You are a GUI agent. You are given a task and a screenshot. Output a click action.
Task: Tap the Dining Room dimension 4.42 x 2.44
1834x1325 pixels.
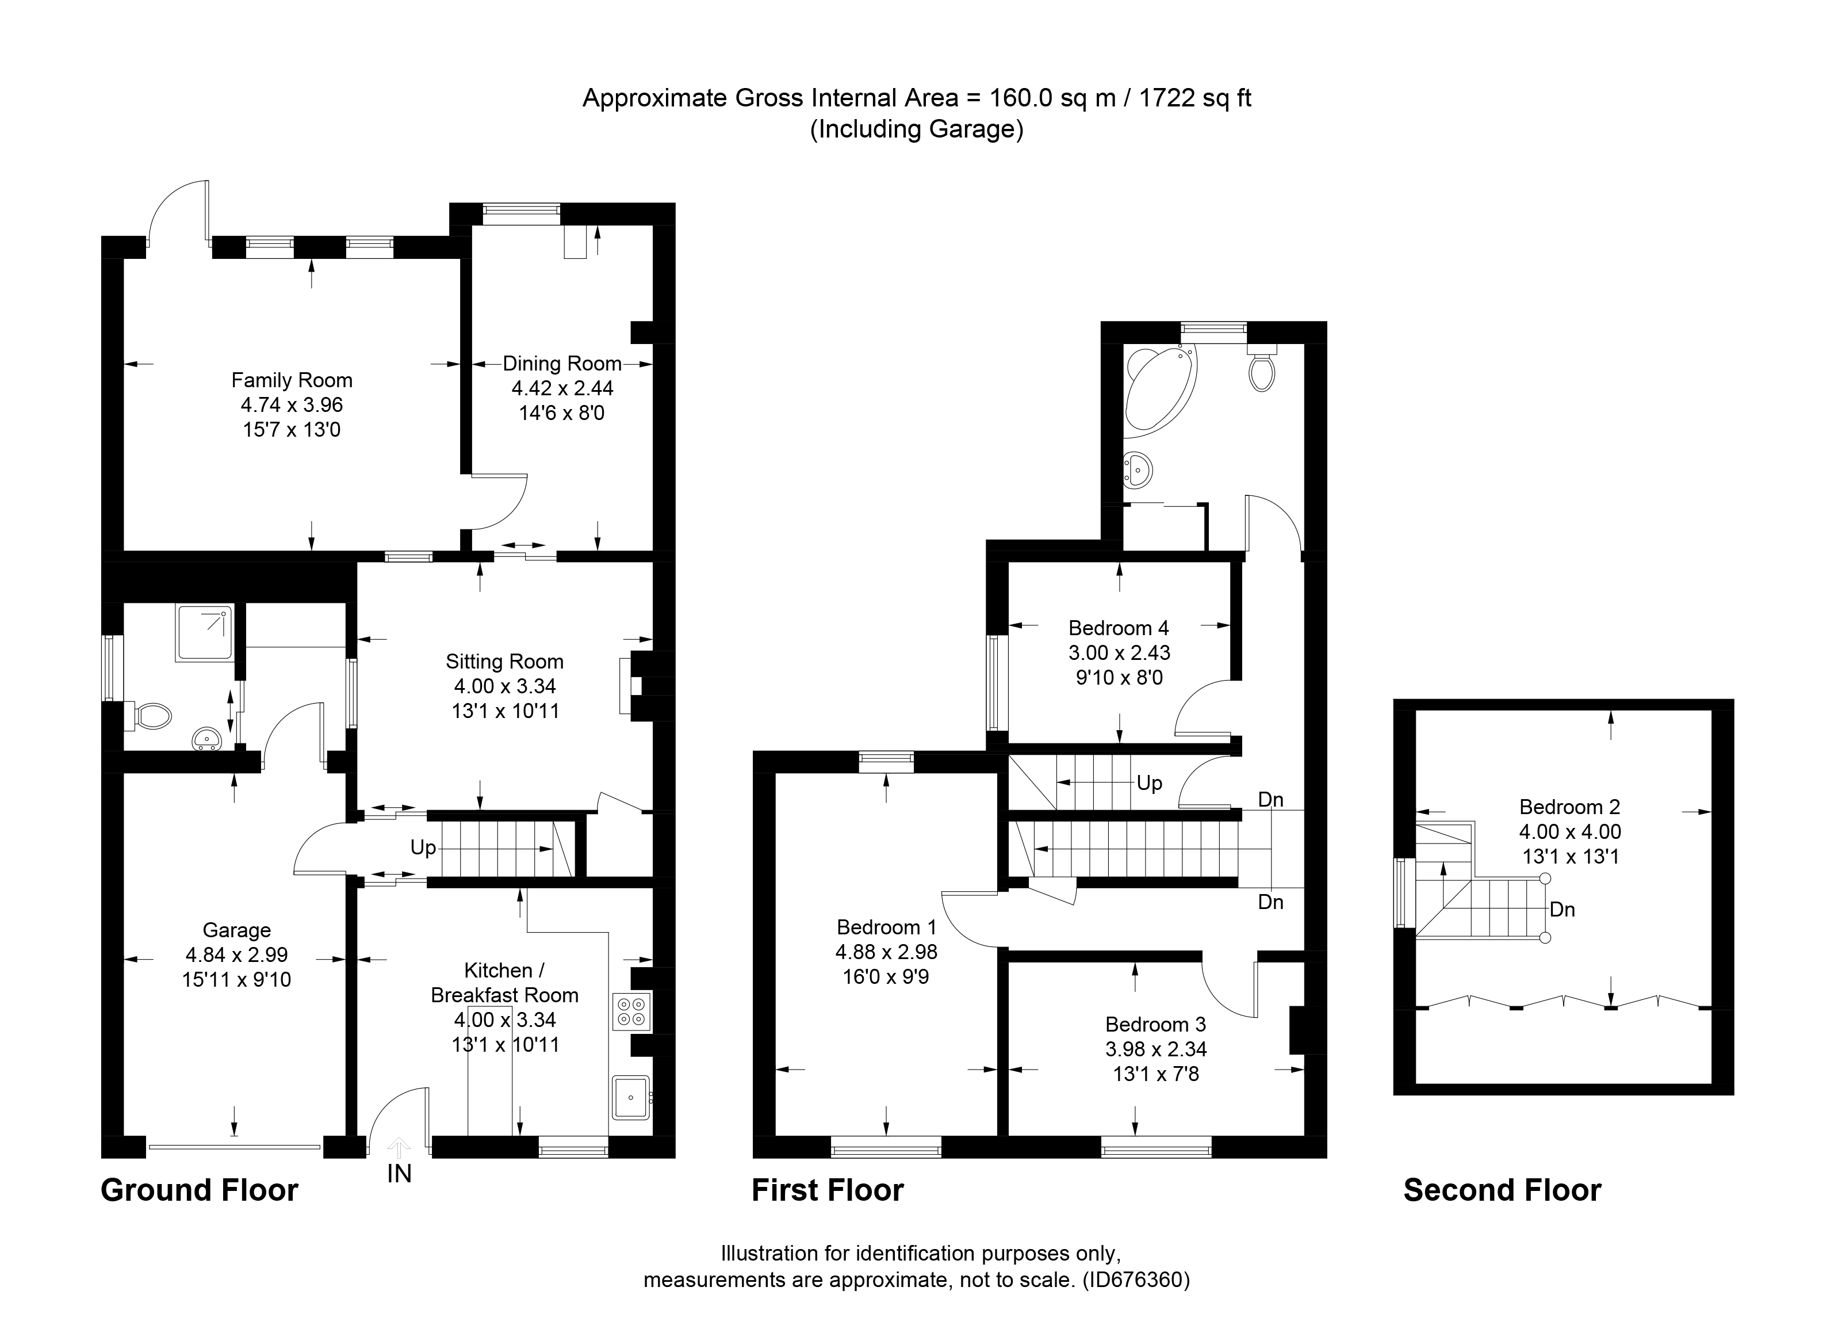562,388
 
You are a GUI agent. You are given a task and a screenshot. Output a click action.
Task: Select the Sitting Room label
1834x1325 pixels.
504,662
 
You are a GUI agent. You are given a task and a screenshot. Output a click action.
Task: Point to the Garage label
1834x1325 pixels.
236,930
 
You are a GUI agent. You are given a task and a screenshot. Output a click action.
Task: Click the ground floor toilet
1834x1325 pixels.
152,715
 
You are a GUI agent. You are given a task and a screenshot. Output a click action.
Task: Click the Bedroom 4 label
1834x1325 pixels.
1119,628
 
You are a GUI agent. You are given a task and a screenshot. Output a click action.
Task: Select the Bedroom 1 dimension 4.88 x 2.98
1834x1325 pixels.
886,952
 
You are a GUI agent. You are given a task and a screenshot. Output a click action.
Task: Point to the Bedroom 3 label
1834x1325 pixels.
1155,1024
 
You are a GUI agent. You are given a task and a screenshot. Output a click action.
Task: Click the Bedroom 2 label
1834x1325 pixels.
1569,807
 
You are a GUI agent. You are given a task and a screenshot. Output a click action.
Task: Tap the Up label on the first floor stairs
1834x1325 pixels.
1149,782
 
